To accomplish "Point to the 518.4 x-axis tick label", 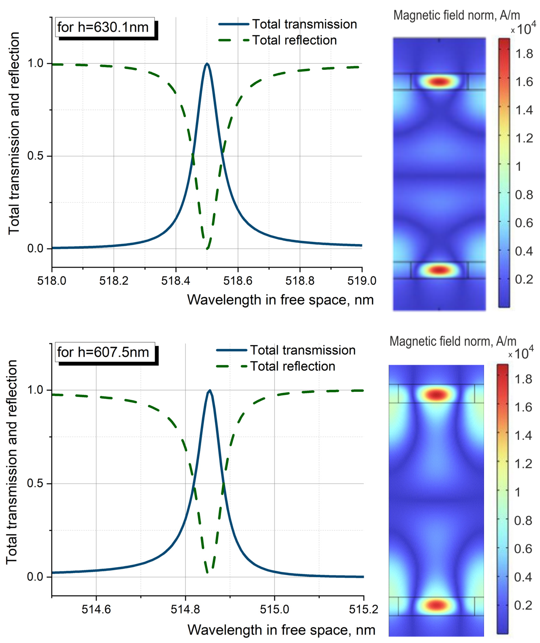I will pos(176,280).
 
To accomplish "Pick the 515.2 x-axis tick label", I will pos(363,610).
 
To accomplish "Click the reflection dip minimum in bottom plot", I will pos(207,572).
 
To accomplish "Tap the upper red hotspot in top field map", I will pos(439,82).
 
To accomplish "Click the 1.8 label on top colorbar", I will pos(524,54).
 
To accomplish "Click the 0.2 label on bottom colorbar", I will pos(523,605).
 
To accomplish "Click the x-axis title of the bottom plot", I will pos(281,630).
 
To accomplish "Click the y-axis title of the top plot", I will pos(14,133).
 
